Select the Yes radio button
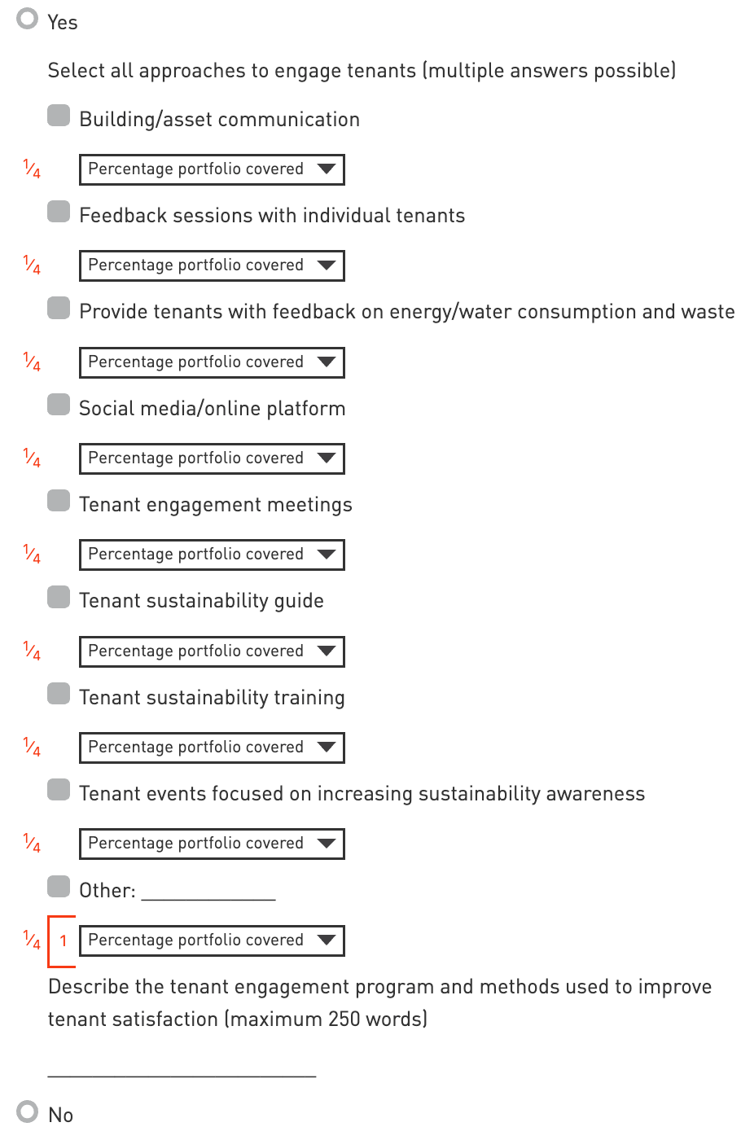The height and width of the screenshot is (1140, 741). coord(28,19)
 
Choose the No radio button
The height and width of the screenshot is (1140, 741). coord(28,1111)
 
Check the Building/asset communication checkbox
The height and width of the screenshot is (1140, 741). coord(59,116)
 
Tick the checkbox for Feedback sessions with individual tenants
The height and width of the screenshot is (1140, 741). coord(59,212)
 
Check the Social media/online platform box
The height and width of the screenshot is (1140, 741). coord(59,405)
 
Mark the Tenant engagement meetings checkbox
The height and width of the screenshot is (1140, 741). coord(59,501)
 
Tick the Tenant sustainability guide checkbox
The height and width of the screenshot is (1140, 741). coord(59,597)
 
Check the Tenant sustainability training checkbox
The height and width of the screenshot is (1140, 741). coord(59,694)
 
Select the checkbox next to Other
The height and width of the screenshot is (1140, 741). coord(59,886)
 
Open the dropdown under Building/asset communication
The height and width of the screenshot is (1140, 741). coord(212,169)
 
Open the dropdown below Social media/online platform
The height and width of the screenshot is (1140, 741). coord(212,458)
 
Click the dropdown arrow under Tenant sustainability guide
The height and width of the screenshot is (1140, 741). coord(327,651)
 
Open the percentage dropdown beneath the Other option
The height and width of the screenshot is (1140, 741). coord(212,940)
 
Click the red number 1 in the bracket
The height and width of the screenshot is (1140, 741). coord(64,941)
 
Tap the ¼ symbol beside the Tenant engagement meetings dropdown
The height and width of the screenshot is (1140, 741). coord(32,555)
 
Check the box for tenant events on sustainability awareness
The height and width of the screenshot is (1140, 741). coord(59,790)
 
